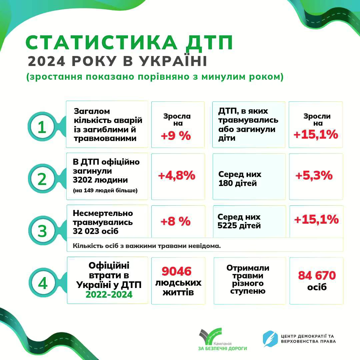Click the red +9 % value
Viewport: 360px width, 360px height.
coord(176,136)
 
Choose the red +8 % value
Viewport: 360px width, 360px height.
coord(176,221)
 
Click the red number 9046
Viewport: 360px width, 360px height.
coord(177,271)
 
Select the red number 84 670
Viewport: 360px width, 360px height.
coord(317,276)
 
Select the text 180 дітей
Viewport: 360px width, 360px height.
coord(238,183)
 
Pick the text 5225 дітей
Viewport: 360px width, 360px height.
coord(239,226)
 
